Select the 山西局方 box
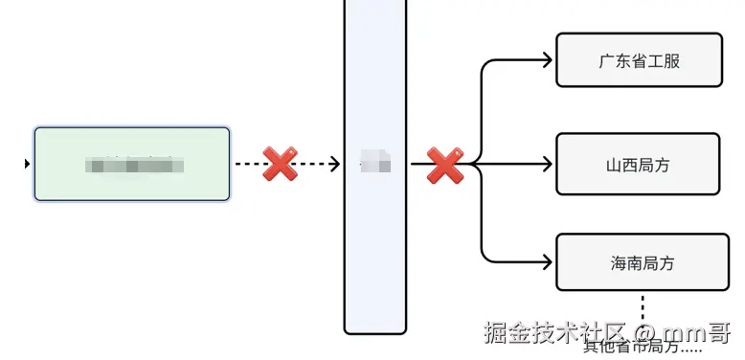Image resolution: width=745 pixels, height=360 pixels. pos(637,164)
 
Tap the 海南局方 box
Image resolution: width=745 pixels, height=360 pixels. pos(637,262)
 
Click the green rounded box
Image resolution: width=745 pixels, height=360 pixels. pos(132,164)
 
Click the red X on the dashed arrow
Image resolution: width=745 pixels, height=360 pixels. pos(280,164)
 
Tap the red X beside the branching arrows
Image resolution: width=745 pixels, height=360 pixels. pos(445,165)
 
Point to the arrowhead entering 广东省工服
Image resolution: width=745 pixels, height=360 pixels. pos(549,60)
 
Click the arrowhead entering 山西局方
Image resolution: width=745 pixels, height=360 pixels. pos(548,164)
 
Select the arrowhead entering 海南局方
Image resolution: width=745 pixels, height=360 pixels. pos(549,262)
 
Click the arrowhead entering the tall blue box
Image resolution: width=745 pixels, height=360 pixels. pos(335,164)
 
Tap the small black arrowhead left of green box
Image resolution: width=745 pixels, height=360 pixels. pos(27,164)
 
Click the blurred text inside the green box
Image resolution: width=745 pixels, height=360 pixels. pos(133,165)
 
